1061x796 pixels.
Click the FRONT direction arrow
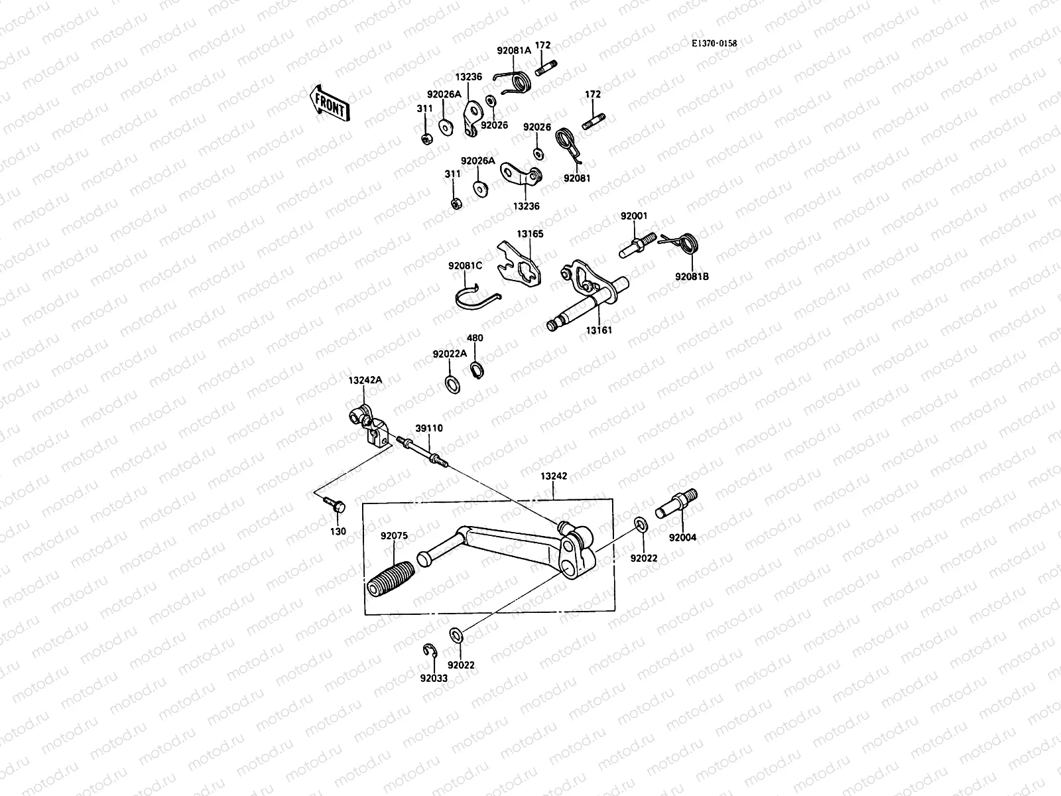[330, 102]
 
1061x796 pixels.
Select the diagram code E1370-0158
[714, 43]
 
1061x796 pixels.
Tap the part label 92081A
[514, 50]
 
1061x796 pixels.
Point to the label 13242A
[365, 381]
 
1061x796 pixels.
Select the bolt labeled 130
[337, 506]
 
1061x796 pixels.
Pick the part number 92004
[682, 538]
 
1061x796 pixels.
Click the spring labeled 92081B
[686, 243]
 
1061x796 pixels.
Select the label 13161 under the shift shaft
[599, 330]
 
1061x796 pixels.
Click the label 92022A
[450, 354]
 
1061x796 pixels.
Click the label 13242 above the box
[553, 476]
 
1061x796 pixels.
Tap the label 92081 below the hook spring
[577, 178]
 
